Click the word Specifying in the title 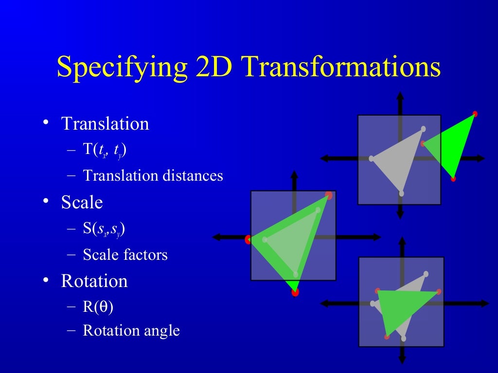[122, 68]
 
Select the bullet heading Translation [105, 124]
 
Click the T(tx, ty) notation [105, 150]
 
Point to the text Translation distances [153, 175]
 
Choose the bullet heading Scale [82, 203]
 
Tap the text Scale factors [125, 254]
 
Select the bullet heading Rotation [94, 281]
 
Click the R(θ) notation [98, 307]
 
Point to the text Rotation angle [131, 331]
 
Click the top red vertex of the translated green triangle [475, 114]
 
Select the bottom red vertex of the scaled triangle [295, 292]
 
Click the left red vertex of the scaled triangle [248, 239]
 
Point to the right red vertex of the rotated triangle [439, 292]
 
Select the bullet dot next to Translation [45, 123]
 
